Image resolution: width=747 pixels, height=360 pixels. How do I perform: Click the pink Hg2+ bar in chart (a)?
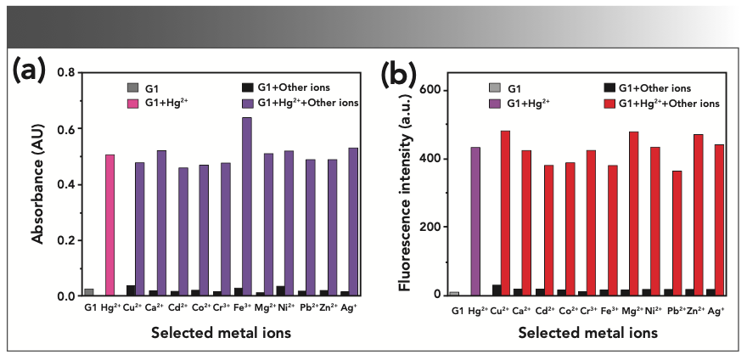tap(110, 225)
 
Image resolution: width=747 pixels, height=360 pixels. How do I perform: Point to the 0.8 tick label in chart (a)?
tap(65, 73)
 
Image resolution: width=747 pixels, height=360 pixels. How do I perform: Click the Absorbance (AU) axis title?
tap(38, 183)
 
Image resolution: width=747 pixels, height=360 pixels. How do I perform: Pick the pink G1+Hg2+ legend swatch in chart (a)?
tap(132, 103)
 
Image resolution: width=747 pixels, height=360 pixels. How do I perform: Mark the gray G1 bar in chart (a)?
tap(89, 292)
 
